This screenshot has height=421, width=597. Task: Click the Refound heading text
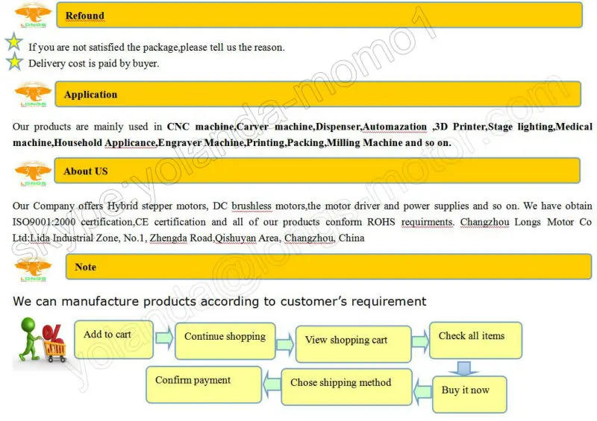click(x=84, y=16)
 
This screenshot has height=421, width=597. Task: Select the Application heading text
click(x=90, y=95)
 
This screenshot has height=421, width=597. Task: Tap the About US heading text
click(x=86, y=171)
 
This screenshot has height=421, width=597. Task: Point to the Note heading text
click(x=86, y=267)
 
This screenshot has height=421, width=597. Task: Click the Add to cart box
click(x=113, y=339)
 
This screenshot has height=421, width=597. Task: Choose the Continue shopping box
click(x=225, y=341)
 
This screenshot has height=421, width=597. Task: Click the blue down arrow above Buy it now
click(x=466, y=367)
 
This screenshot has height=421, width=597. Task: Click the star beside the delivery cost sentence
click(x=15, y=63)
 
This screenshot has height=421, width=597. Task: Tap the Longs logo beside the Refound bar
click(x=33, y=15)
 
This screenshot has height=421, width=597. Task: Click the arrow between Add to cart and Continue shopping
click(x=164, y=338)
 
